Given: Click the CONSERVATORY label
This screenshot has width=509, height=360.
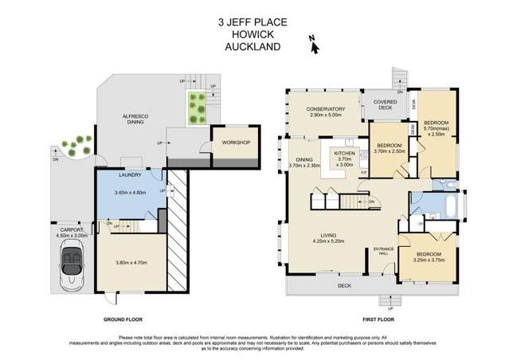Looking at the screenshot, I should click(325, 111).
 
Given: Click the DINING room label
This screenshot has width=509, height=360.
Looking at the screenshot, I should click(303, 159).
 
